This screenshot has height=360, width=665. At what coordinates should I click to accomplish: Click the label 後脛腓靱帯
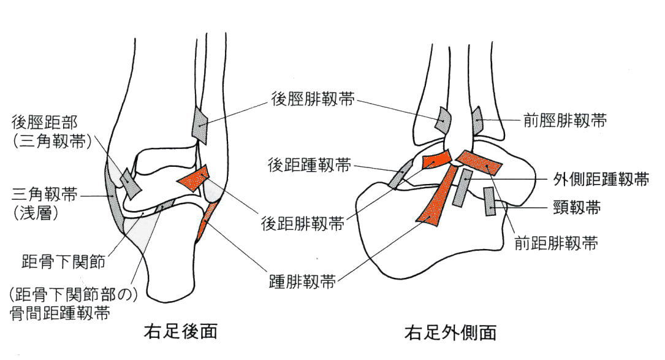[x=312, y=99]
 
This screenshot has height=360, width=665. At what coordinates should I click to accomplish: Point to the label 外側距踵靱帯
[x=598, y=179]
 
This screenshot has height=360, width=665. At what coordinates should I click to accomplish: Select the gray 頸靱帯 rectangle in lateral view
[x=490, y=201]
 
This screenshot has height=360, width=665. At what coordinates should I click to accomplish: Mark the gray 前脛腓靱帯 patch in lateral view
[x=476, y=121]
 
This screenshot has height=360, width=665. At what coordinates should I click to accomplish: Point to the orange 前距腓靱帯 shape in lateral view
[x=479, y=163]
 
